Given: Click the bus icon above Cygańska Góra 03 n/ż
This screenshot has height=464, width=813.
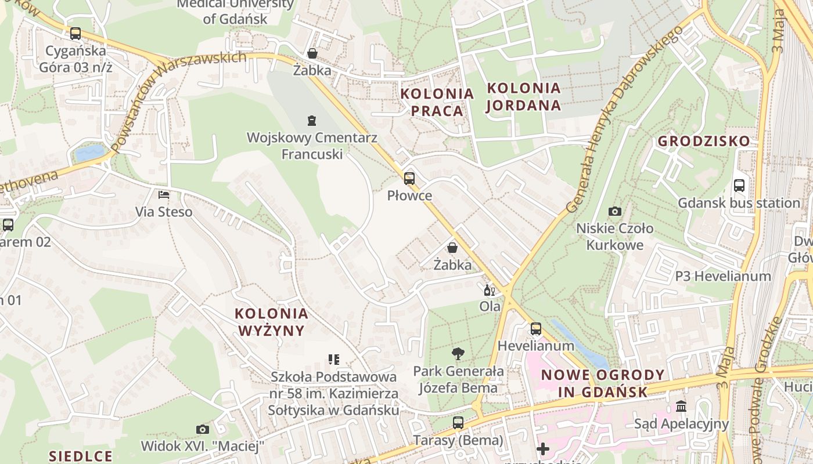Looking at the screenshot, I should (75, 34).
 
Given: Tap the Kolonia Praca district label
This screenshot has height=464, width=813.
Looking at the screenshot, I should (437, 102).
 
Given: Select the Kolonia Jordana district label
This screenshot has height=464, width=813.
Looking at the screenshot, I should (524, 97).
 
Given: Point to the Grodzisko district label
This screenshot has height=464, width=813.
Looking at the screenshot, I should (703, 142).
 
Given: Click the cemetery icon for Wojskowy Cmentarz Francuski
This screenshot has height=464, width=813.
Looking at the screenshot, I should (312, 121).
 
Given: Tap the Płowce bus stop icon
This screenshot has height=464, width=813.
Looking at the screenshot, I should (409, 179).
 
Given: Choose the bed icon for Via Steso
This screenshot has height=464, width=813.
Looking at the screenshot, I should (164, 195).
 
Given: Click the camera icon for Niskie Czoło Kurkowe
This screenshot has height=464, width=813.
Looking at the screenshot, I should (614, 212).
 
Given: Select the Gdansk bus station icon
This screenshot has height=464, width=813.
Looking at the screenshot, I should (739, 186).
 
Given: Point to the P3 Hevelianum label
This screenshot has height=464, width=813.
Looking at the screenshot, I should (723, 276).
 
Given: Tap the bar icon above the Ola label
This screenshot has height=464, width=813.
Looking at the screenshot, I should (490, 290).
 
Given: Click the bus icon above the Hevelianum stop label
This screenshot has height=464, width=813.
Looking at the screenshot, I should (535, 329).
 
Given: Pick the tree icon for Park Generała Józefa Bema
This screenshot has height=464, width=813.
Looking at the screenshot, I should (458, 354).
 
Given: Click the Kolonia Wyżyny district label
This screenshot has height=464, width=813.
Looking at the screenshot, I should (271, 322).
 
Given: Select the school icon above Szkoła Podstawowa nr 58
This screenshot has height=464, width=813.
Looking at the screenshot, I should (333, 360).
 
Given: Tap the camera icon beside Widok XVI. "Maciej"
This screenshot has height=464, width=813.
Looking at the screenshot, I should (202, 430).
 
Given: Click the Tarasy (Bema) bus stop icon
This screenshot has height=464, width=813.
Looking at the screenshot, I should (458, 423).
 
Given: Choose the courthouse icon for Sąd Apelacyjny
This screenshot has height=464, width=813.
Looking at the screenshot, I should (681, 406).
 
